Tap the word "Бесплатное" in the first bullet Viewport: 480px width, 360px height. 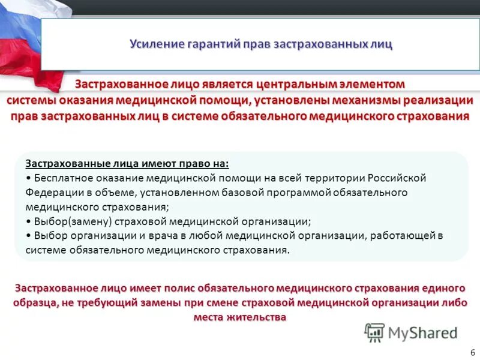coord(61,178)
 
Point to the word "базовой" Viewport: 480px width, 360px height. coord(242,193)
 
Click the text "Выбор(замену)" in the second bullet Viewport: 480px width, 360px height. coord(68,221)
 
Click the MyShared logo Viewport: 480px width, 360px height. coord(411,332)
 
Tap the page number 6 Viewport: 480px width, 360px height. coord(473,351)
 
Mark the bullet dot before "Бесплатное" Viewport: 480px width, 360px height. coord(29,178)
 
